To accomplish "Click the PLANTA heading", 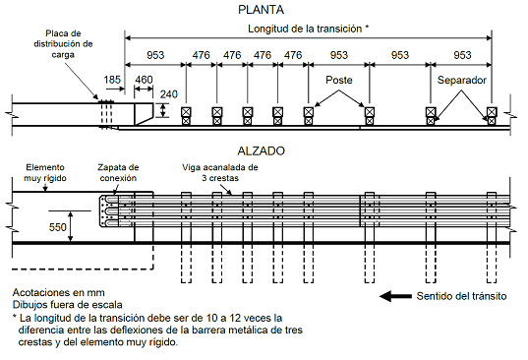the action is click(261, 10).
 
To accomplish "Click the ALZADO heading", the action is click(261, 150).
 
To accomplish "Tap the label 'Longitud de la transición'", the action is click(305, 29).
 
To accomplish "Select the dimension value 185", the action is click(112, 80).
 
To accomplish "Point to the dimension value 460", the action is click(144, 80).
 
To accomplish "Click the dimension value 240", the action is click(169, 94).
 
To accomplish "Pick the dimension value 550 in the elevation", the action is click(58, 227).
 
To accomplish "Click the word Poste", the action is click(339, 80).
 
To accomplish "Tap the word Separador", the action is click(462, 80).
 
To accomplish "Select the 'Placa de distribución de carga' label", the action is click(63, 44).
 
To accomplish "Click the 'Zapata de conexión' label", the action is click(118, 173).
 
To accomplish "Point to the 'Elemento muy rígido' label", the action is click(45, 173).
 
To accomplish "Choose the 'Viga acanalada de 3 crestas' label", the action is click(220, 173).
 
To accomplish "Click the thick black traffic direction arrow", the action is click(395, 296).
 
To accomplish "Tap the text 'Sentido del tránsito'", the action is click(461, 296).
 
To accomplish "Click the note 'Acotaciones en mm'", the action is click(59, 292).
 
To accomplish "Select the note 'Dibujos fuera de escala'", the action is click(67, 305).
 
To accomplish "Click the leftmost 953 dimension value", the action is click(155, 55).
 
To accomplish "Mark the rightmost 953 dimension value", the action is click(462, 55).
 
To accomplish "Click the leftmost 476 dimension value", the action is click(201, 55).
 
